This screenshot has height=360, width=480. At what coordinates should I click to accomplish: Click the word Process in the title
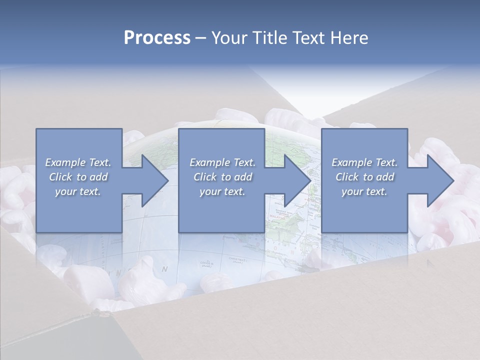coord(157,38)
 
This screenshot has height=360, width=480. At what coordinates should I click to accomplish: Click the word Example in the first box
coord(65,162)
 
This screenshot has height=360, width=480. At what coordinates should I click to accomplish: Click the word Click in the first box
coord(60,177)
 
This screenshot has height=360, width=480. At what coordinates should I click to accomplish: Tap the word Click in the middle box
coord(204,177)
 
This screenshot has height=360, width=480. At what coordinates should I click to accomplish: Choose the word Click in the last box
coord(346,177)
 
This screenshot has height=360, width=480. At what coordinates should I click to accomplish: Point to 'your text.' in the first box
coord(77,191)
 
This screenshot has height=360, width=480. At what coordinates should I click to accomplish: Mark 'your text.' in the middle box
coord(222,191)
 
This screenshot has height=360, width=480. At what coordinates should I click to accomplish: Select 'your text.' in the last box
coord(364,191)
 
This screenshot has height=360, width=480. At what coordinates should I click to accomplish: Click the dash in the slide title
coord(200,38)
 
